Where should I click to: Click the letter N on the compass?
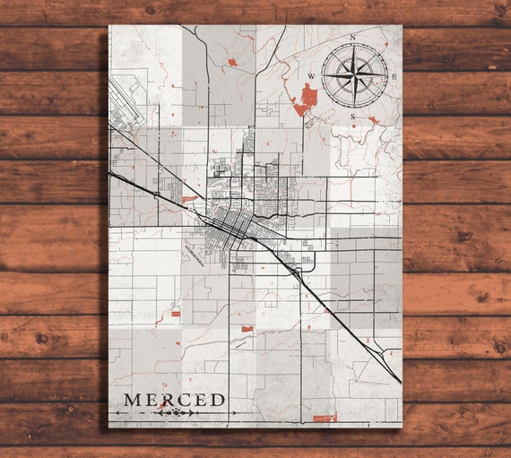pos(353,38)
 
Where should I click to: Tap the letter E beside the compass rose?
pos(394,76)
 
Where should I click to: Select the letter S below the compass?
pos(353,117)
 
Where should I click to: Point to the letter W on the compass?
pos(311,76)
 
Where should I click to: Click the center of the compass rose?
pos(353,76)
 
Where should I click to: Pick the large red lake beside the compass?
pos(306,99)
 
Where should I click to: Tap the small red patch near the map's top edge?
pos(231,63)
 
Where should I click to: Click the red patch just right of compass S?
pos(373,119)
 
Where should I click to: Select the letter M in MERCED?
pos(133,399)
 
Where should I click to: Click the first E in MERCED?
pos(152,399)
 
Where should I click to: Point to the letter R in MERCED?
pos(168,399)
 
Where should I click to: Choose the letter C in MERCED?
pos(184,399)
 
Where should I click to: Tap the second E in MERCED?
pos(200,399)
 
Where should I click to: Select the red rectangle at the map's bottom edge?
pos(325,418)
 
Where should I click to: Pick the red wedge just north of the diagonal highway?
pos(188,198)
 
